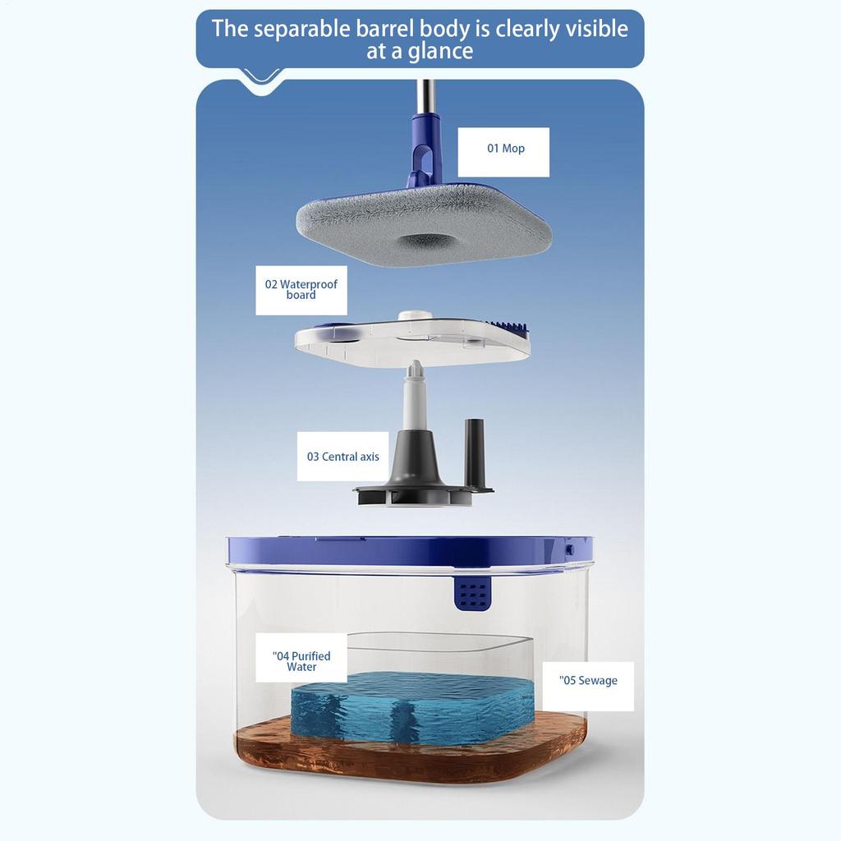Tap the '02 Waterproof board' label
301,290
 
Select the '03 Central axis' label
342,457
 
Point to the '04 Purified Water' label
301,661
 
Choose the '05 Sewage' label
588,681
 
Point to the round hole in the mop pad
425,241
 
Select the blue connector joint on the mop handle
425,148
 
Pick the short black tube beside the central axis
475,452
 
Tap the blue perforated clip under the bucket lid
472,593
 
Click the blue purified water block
411,706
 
